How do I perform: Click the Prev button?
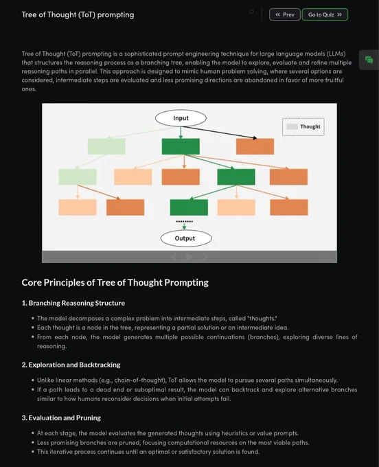[285, 14]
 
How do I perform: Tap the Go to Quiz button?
[325, 14]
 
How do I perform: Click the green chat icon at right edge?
[369, 60]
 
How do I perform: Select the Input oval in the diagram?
[181, 118]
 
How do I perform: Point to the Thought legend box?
[303, 126]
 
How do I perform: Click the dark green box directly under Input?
[181, 146]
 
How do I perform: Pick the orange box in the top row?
[255, 146]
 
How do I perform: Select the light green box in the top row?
[106, 146]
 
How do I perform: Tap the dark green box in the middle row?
[236, 177]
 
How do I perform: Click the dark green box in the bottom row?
[189, 207]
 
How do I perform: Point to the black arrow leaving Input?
[220, 133]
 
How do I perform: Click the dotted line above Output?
[184, 221]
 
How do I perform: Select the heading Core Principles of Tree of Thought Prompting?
[115, 282]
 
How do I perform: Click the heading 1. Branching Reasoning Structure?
[73, 303]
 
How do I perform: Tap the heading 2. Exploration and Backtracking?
[71, 365]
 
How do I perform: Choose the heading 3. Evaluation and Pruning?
[61, 418]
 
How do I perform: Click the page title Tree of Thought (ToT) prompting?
[78, 14]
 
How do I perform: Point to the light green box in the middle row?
[78, 177]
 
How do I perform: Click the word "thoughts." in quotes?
[262, 319]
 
